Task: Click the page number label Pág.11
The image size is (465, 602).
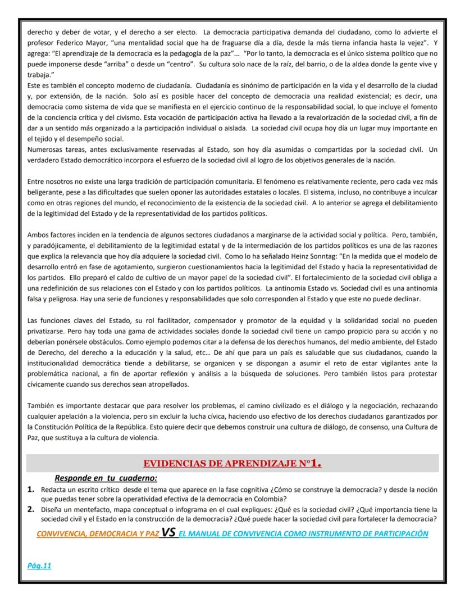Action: point(40,565)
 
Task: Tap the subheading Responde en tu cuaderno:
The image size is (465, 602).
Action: point(106,478)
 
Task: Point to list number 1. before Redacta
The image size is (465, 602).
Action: point(32,490)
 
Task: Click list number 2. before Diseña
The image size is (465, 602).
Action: point(32,509)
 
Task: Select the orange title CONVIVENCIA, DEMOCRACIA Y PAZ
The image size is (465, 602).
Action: point(98,533)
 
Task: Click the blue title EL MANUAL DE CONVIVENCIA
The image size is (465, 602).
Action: point(303,533)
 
